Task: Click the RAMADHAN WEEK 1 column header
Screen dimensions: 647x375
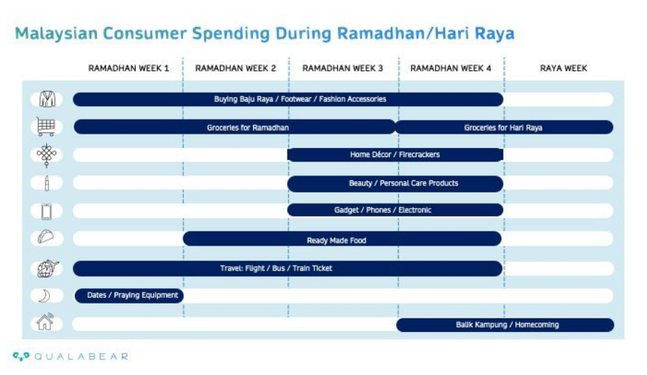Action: (x=128, y=68)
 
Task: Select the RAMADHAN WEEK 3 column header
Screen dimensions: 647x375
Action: (x=342, y=68)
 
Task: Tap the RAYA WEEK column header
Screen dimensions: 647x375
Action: (x=564, y=68)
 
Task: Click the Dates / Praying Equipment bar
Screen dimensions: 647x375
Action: (x=129, y=295)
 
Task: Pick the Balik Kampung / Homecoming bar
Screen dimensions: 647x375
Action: (x=505, y=325)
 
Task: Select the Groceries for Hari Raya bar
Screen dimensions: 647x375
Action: (x=504, y=127)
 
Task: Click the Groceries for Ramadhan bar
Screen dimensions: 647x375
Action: (x=235, y=127)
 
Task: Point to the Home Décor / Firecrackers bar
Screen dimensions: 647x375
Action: (x=395, y=154)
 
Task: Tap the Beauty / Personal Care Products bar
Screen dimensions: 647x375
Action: (x=395, y=183)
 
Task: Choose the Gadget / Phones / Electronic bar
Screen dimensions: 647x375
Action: (x=395, y=210)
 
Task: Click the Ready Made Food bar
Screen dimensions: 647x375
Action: (x=342, y=238)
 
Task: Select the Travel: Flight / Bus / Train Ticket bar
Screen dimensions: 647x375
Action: (x=288, y=268)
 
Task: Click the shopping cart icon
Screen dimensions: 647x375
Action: (x=46, y=127)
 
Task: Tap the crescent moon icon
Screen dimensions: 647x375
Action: (x=45, y=296)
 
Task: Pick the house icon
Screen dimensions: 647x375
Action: (x=45, y=322)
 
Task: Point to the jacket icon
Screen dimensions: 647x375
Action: (x=47, y=99)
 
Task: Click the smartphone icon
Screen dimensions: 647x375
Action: (x=47, y=212)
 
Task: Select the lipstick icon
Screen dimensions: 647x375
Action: (x=47, y=183)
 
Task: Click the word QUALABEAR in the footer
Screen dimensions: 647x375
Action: (x=82, y=357)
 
